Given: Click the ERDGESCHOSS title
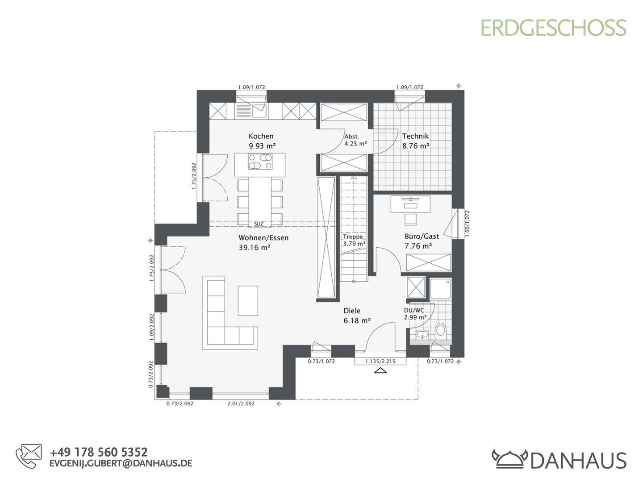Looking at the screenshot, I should (553, 28).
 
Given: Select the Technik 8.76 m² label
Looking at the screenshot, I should (415, 141).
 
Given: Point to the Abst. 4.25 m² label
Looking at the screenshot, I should (355, 140).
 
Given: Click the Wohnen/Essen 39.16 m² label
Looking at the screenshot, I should (263, 242).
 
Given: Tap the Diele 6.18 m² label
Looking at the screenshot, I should (357, 316).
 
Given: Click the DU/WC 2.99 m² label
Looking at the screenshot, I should (414, 313).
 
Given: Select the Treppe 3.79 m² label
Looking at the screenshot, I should (354, 241).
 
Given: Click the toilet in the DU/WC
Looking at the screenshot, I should (440, 330).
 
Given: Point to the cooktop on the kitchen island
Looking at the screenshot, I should (260, 162).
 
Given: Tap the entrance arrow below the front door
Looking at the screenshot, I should (380, 370).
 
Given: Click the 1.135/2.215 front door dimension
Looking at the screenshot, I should (380, 361).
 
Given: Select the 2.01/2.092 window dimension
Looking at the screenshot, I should (241, 403).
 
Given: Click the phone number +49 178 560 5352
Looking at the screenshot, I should (99, 453).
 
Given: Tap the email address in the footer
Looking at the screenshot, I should (121, 463).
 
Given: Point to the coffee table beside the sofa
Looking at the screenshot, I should (248, 301).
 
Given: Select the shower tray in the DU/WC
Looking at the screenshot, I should (441, 289).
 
